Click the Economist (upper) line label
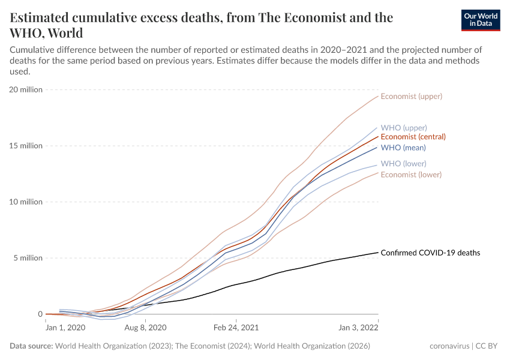pos(411,96)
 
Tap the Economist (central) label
pos(413,137)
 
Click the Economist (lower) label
pos(411,175)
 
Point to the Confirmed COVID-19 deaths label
pos(430,253)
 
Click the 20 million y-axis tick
pos(26,89)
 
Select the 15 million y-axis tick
pos(26,146)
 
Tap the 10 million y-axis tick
pos(26,202)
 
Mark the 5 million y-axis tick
pos(28,258)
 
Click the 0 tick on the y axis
pos(40,314)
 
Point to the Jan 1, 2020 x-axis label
pos(66,328)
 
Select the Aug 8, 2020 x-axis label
pos(145,328)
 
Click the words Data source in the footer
pos(31,346)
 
